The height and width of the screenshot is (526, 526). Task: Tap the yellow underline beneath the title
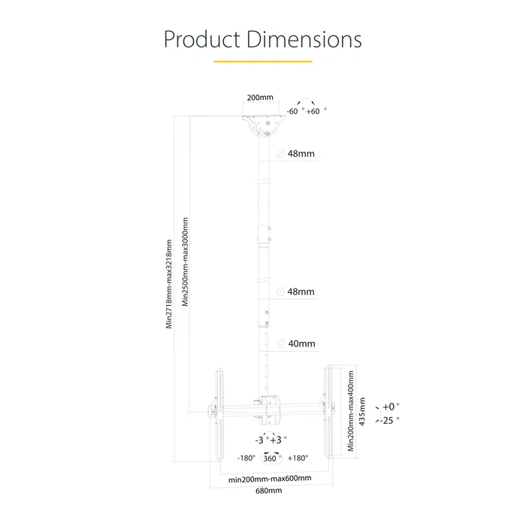(262, 61)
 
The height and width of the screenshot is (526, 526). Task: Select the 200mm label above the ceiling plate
(260, 98)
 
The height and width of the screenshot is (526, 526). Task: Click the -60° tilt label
(294, 110)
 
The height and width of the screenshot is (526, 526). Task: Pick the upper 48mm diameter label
(301, 154)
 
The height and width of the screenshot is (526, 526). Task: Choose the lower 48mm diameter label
(301, 292)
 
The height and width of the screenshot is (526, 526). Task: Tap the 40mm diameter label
(301, 344)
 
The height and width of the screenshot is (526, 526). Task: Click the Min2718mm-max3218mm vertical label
(170, 283)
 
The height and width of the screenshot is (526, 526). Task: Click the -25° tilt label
(391, 421)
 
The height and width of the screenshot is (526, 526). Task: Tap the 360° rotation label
(272, 458)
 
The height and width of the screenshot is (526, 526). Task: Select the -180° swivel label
(246, 458)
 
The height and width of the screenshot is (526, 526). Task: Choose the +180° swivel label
(298, 458)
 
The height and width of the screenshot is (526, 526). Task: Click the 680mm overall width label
(269, 491)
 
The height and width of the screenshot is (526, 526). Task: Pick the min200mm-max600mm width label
(270, 478)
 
